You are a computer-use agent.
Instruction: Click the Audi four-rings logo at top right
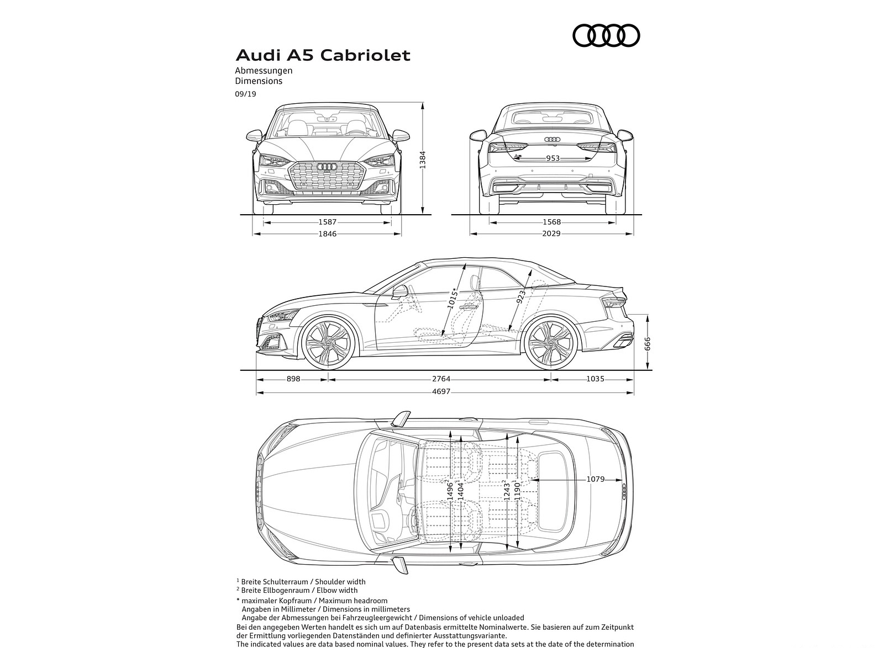(606, 36)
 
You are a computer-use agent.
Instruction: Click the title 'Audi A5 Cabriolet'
(323, 55)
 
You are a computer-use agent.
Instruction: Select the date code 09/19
(245, 94)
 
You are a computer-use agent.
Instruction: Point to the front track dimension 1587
(328, 222)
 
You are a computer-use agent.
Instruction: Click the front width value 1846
(328, 233)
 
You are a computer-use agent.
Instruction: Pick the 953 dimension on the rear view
(552, 158)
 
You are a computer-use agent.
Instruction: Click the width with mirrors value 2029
(551, 233)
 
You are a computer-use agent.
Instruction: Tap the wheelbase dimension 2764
(441, 379)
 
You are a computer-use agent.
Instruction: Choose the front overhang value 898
(293, 379)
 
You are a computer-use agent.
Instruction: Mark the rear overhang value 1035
(595, 379)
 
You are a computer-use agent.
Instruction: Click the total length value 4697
(441, 391)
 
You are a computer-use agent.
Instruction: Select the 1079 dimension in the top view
(595, 479)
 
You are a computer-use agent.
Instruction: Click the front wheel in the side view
(327, 343)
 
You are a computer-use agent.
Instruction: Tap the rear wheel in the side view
(550, 343)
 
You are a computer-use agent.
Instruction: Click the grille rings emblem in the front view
(328, 167)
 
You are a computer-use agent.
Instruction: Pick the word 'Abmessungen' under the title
(264, 71)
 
